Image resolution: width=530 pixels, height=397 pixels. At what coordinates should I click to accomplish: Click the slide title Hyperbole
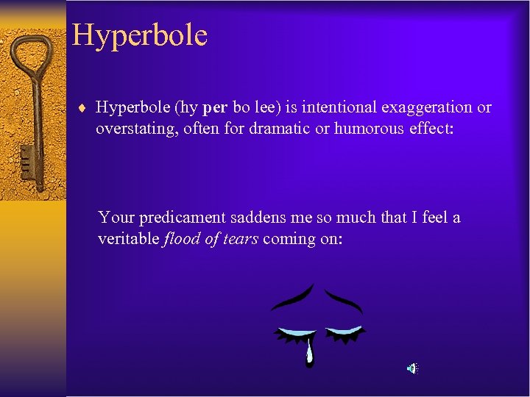click(x=140, y=35)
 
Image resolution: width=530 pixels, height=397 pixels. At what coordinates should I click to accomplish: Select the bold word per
click(x=214, y=108)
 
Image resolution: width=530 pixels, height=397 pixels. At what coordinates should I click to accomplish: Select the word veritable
click(x=127, y=239)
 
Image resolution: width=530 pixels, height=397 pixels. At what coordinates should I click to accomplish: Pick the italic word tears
click(x=239, y=239)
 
